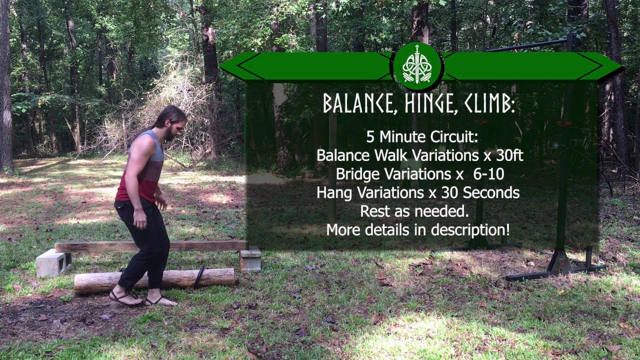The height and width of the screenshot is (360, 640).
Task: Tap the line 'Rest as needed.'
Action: click(414, 211)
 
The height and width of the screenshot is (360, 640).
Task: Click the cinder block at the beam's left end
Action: click(53, 262)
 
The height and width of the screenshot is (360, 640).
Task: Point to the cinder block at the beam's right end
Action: click(250, 259)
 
